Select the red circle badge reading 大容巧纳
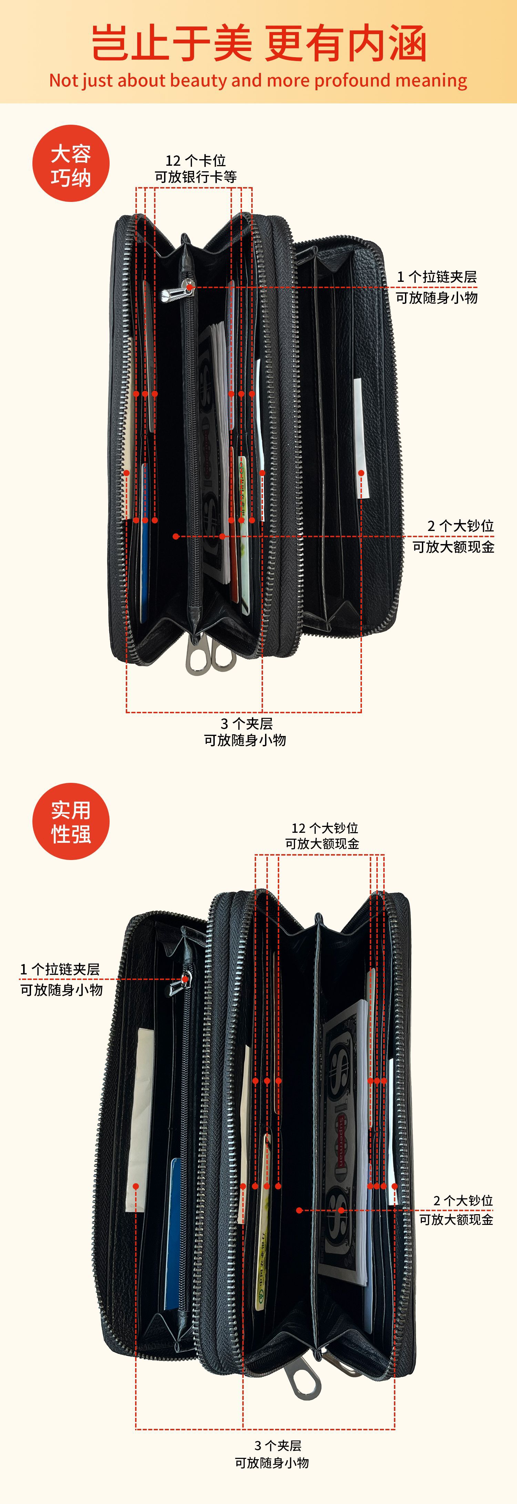coord(71,163)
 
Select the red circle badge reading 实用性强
coord(71,821)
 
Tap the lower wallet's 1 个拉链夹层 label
coord(60,969)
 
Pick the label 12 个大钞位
coord(324,828)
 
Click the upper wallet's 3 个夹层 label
coord(246,724)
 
